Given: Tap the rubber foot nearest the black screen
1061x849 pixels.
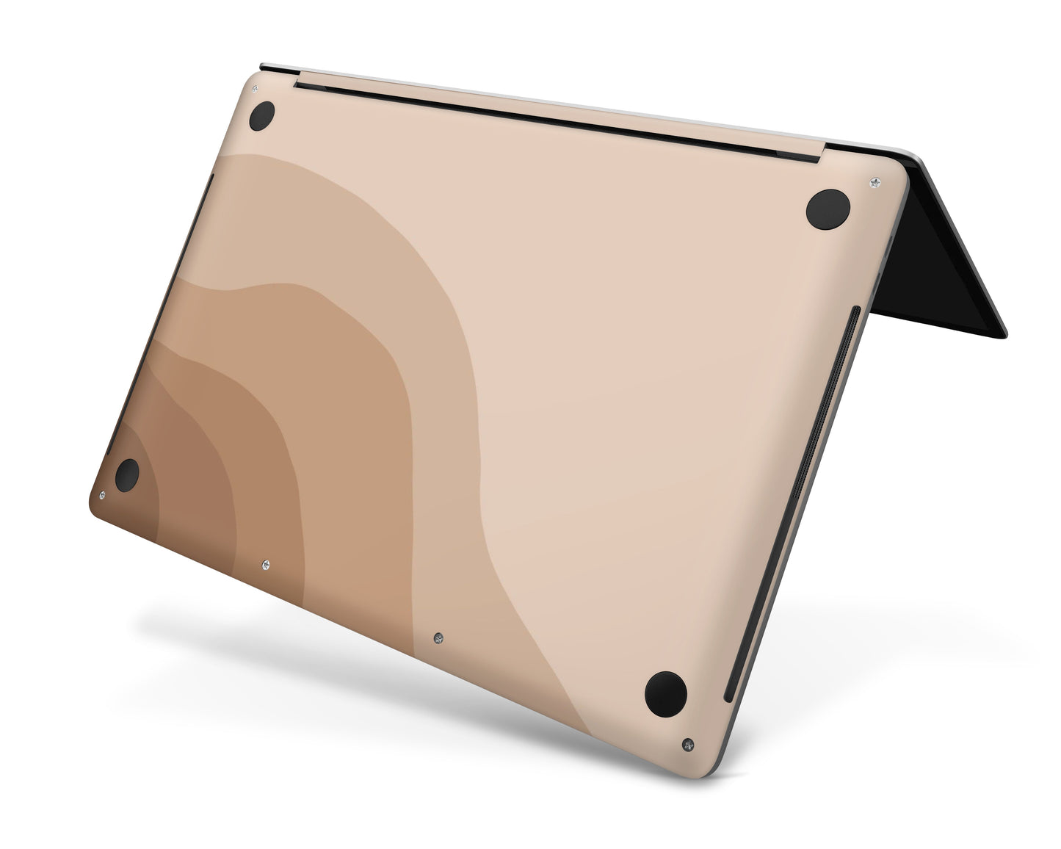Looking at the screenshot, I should coord(828,209).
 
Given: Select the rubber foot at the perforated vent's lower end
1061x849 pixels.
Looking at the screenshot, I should coord(666,692).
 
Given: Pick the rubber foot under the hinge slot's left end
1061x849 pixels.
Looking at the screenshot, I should coord(261,116).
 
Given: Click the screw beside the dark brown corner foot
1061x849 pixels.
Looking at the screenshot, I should coord(102,496).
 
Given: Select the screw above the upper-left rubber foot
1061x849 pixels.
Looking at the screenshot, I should coord(255,89).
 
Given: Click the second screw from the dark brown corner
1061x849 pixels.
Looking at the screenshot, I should coord(265,564).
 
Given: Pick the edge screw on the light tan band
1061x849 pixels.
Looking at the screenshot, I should coord(438,637).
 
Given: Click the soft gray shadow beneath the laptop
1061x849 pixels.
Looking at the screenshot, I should coord(367,661).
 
